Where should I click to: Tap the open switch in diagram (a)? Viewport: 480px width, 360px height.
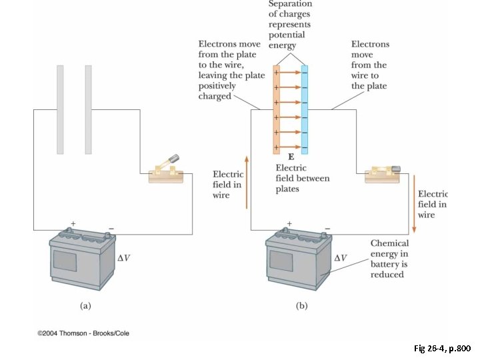[x=165, y=171]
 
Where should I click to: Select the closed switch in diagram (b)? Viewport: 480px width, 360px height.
[x=381, y=174]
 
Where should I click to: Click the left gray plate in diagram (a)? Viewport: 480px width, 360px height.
[x=60, y=109]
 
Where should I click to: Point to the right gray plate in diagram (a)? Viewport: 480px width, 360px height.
[x=88, y=109]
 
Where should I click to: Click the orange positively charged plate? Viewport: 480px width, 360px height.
[x=277, y=109]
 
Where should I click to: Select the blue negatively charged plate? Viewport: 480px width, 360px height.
[x=305, y=109]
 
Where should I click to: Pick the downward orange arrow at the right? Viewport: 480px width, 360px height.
[x=414, y=203]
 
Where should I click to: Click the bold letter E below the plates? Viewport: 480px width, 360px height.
[x=291, y=156]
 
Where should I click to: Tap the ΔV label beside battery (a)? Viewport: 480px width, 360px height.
[x=125, y=257]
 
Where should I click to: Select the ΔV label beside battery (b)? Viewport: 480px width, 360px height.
[x=341, y=257]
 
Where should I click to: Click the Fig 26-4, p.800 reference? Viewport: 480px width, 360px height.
[x=441, y=349]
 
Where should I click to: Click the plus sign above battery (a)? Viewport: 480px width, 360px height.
[x=73, y=223]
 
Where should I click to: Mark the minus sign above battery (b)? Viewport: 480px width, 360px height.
[x=327, y=228]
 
